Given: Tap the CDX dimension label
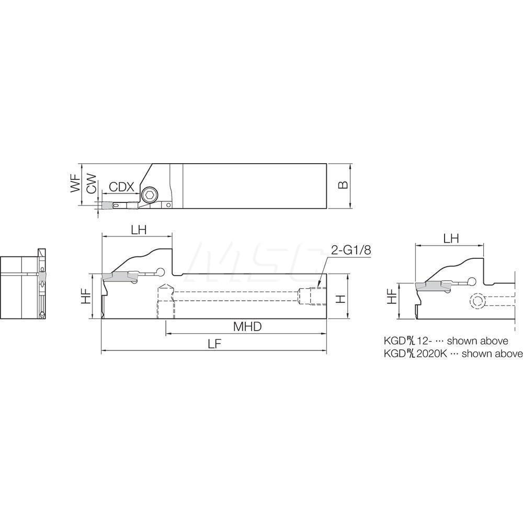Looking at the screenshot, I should (x=122, y=187).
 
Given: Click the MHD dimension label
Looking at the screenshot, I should (x=247, y=327).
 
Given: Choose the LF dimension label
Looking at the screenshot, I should (x=214, y=344).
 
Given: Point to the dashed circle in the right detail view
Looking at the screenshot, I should (x=476, y=302).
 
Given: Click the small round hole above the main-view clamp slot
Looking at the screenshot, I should (x=161, y=271).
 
